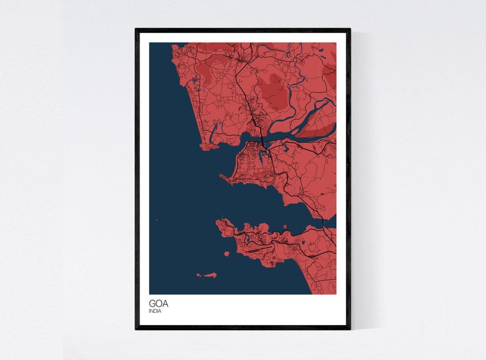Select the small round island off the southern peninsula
pyautogui.click(x=226, y=253)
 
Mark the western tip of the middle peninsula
pyautogui.click(x=222, y=178)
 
